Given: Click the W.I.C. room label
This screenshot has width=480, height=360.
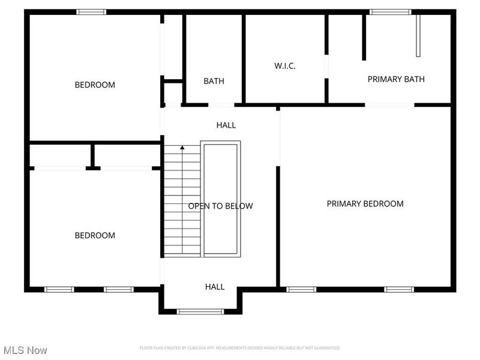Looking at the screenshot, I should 285,65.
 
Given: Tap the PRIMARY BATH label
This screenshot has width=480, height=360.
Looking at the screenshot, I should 396,79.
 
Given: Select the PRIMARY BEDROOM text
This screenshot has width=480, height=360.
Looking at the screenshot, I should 365,204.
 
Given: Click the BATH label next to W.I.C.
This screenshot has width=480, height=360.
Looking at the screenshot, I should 214,81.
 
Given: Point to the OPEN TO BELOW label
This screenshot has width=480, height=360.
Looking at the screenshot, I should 220,206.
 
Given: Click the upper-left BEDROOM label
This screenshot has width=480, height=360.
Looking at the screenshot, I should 95,85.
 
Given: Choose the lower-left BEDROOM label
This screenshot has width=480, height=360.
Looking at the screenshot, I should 95,235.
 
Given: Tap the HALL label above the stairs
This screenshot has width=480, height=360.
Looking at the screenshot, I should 226,125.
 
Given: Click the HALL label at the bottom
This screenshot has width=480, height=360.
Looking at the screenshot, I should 215,287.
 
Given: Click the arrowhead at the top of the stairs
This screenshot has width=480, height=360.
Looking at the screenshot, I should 182,146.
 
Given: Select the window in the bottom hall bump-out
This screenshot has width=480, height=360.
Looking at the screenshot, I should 200,311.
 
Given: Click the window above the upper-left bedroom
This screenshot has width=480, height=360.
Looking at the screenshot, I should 91,11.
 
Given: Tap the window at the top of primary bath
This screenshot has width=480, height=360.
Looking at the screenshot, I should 390,11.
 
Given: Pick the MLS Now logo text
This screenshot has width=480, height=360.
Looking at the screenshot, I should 25,350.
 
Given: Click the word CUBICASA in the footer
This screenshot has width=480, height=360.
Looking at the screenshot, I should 197,348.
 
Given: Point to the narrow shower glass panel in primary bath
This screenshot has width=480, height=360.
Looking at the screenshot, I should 418,35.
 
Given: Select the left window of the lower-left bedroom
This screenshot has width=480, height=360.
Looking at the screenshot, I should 59,289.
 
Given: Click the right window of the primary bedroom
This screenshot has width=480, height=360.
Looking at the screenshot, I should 399,289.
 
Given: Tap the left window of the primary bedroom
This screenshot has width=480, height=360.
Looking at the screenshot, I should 301,289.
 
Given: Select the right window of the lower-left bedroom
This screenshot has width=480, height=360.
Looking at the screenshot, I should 118,289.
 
